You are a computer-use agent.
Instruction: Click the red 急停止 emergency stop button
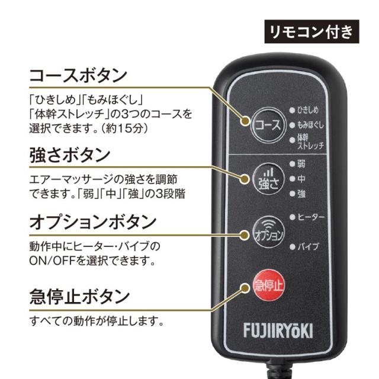[268, 285]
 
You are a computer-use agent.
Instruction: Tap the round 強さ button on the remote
[268, 179]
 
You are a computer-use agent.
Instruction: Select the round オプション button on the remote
[268, 232]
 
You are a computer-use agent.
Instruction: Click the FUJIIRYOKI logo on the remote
[278, 330]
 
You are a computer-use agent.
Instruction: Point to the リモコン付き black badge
[312, 31]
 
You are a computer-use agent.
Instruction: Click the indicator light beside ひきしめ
[292, 110]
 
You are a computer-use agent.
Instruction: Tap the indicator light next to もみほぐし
[292, 125]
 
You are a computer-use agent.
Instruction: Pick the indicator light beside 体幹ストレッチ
[292, 140]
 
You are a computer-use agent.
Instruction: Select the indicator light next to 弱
[293, 164]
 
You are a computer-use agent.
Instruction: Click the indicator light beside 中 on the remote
[293, 179]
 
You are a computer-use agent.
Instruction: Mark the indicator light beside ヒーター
[293, 217]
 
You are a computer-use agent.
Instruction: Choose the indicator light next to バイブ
[293, 247]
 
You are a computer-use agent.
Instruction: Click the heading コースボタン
[78, 75]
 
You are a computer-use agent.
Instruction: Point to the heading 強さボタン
[70, 155]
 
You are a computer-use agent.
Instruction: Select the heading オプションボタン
[93, 223]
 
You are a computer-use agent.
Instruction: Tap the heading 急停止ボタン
[79, 297]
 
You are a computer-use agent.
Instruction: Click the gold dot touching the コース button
[245, 121]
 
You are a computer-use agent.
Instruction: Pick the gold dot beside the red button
[245, 288]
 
